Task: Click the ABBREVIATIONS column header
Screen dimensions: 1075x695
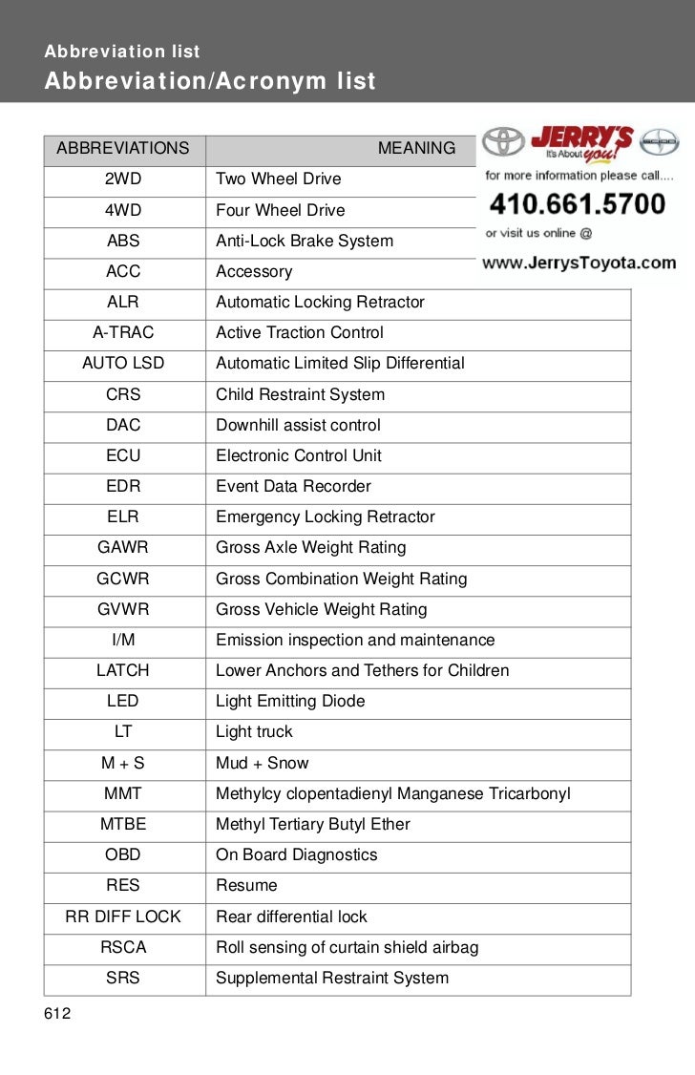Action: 123,148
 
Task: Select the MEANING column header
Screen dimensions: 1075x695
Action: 416,148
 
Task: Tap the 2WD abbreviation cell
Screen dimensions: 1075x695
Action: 123,179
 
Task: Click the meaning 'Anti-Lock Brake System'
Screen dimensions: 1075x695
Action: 304,241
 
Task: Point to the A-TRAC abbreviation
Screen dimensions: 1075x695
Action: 123,332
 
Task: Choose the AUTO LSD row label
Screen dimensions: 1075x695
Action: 123,363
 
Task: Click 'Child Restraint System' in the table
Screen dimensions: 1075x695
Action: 300,394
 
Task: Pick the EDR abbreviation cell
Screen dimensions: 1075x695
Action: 123,486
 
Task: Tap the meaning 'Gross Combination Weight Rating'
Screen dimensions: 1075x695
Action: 341,579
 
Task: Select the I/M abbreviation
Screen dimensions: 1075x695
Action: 123,640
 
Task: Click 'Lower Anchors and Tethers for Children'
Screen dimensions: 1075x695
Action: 362,670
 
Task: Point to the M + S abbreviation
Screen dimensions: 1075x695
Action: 123,763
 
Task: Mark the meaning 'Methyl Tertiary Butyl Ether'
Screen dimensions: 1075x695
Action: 312,824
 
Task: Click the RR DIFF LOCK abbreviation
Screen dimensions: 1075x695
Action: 123,917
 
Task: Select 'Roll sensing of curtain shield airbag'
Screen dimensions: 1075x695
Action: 347,947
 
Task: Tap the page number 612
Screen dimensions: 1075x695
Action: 57,1013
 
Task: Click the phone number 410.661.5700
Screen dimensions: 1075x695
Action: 577,203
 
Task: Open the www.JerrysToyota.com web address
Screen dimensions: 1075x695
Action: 579,263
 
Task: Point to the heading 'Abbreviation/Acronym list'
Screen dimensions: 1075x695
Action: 210,81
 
